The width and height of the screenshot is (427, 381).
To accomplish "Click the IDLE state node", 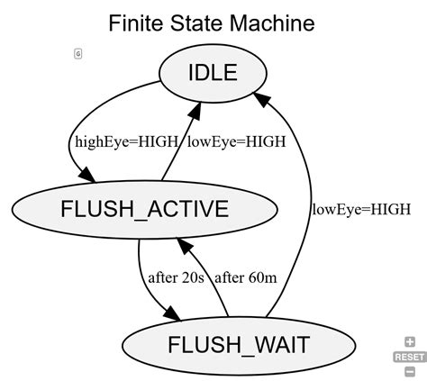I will pyautogui.click(x=213, y=72).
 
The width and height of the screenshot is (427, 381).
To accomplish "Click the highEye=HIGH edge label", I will pyautogui.click(x=114, y=141).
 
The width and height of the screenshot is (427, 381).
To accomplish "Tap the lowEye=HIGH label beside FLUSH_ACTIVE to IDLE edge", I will pyautogui.click(x=236, y=141).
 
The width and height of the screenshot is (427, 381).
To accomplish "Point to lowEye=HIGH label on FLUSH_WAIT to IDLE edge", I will pyautogui.click(x=361, y=209).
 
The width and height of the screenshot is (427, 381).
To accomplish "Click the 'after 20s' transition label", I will pyautogui.click(x=177, y=277).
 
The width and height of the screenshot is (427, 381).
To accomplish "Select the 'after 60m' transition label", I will pyautogui.click(x=244, y=277).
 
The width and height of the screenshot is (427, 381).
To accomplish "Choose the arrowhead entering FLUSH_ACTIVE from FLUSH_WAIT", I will pyautogui.click(x=184, y=240).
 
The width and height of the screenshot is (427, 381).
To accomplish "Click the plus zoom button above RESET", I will pyautogui.click(x=410, y=342).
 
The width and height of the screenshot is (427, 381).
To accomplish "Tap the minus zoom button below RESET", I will pyautogui.click(x=410, y=370).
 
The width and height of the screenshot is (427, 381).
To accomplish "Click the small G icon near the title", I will pyautogui.click(x=78, y=54).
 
